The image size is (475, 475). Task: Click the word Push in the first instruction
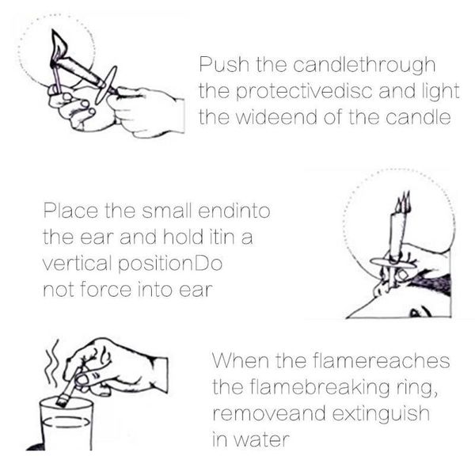coord(217,63)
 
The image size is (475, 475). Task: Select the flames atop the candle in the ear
coord(400,201)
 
